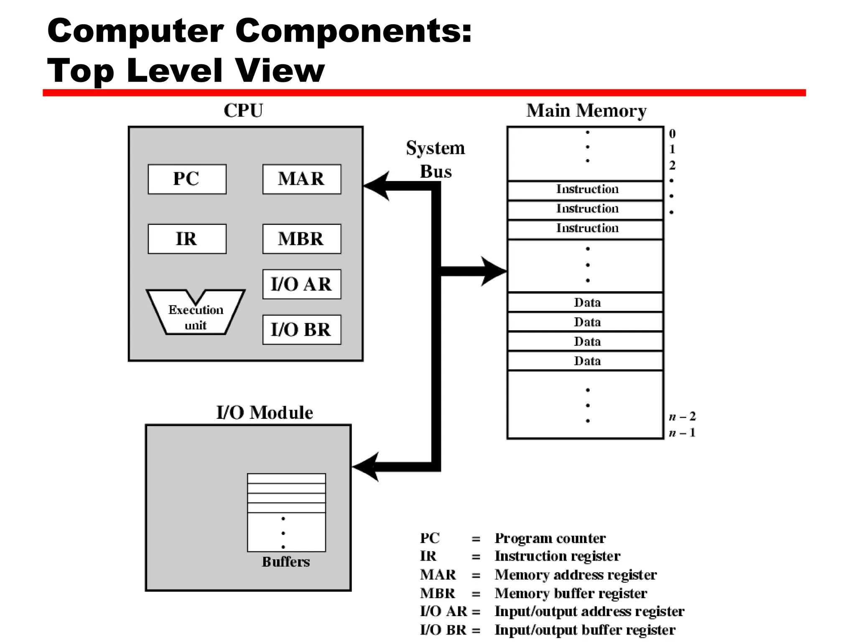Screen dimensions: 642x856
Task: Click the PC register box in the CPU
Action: (187, 179)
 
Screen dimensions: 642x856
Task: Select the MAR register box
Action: (301, 179)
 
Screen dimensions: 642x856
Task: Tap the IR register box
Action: (187, 239)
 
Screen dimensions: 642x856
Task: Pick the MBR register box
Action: (301, 239)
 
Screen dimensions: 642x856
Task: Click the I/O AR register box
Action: (301, 284)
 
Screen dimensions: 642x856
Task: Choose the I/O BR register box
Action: (301, 330)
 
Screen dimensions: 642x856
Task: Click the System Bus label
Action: (436, 160)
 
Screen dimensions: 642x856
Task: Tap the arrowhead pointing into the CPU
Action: (376, 186)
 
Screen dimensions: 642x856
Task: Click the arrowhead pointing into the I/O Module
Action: (366, 467)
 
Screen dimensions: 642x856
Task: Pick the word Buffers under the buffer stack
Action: (286, 562)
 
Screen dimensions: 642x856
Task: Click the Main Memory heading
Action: (586, 111)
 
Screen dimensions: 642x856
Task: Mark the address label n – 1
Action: (682, 433)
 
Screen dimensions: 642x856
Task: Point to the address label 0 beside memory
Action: (672, 134)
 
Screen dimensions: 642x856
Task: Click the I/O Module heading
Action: (265, 413)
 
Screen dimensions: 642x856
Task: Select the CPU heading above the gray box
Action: (243, 111)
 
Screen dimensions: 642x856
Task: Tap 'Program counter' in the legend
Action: (550, 538)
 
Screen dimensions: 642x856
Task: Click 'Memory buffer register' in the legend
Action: (571, 594)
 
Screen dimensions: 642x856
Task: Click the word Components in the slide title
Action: (353, 31)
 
